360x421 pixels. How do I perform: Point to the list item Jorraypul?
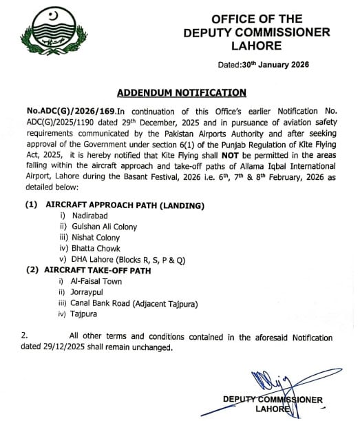point(87,292)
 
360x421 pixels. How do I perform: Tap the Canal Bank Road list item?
point(126,303)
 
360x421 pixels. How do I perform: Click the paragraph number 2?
point(25,337)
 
